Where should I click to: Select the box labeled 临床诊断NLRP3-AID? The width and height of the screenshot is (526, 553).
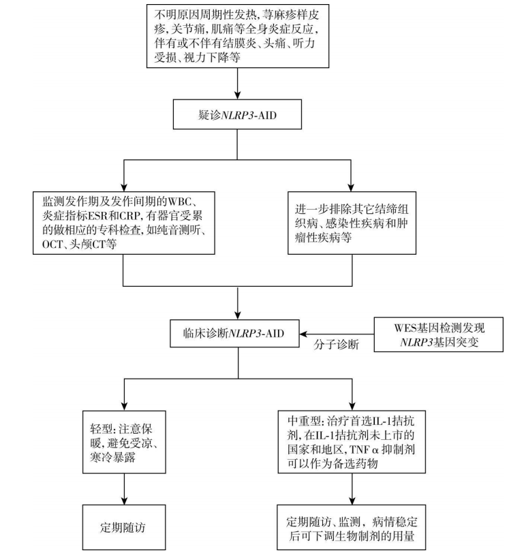coord(236,334)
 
